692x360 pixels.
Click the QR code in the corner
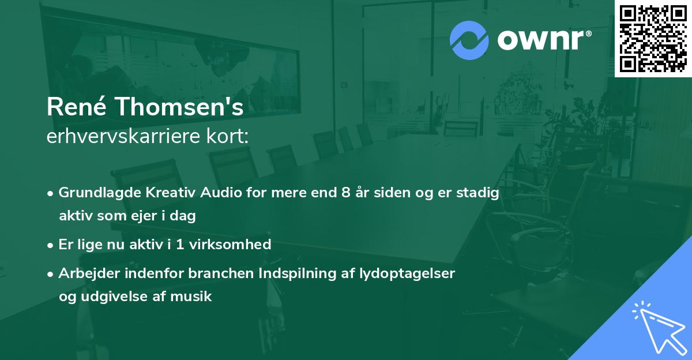pyautogui.click(x=653, y=39)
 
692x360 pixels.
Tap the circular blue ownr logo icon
pyautogui.click(x=469, y=40)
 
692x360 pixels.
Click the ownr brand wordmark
pyautogui.click(x=543, y=40)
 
